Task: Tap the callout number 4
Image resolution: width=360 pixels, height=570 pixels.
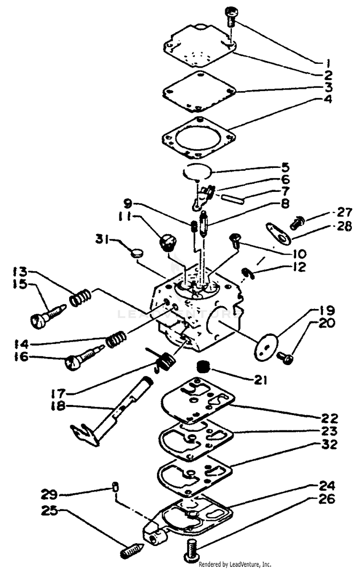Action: [328, 100]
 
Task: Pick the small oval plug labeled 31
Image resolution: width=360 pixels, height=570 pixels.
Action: [137, 250]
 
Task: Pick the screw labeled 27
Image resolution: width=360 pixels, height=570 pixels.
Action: [296, 223]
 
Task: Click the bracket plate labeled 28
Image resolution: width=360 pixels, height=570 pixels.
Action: [277, 231]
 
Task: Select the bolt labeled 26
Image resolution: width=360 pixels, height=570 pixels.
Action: [191, 546]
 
